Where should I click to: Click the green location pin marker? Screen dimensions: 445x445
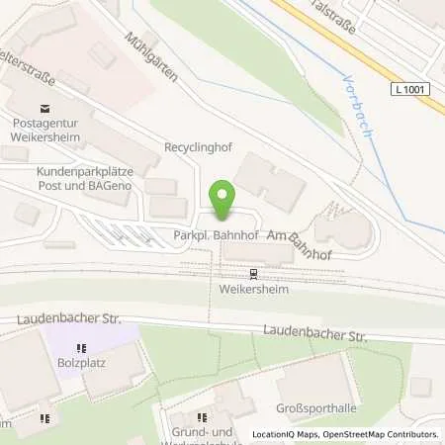pyautogui.click(x=223, y=202)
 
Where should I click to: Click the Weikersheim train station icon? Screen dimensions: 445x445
pyautogui.click(x=253, y=274)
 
